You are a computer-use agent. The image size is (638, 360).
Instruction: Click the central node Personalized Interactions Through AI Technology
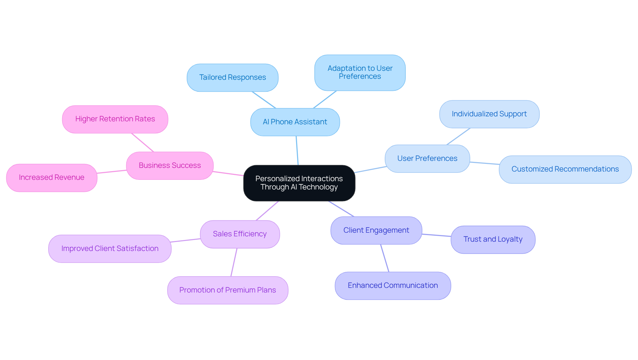click(299, 183)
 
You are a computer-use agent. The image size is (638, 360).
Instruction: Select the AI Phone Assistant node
click(295, 122)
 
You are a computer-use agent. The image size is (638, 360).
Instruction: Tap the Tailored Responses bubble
click(233, 77)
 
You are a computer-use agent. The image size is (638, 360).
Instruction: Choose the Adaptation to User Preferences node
click(360, 72)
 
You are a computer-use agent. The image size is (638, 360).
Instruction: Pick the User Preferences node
click(427, 159)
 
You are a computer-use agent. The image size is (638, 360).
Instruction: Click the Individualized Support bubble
click(489, 114)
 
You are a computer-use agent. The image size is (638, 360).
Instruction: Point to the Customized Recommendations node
click(565, 169)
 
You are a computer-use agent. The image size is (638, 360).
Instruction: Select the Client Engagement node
click(376, 230)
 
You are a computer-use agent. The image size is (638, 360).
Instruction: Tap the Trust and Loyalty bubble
click(493, 239)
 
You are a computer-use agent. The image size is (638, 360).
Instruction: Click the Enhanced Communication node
click(393, 286)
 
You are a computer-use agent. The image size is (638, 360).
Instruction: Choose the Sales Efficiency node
click(240, 234)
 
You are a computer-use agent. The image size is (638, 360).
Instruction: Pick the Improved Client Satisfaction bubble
click(110, 249)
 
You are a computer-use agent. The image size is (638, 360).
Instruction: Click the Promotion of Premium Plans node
click(228, 290)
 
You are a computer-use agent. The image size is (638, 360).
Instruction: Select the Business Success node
click(170, 166)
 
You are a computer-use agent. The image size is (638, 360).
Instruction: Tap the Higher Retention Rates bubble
click(115, 119)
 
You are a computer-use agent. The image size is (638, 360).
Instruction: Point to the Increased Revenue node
click(52, 178)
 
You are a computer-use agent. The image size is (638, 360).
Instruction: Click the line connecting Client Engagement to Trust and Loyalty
click(436, 235)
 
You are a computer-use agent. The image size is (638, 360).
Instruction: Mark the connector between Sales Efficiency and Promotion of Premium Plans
click(234, 262)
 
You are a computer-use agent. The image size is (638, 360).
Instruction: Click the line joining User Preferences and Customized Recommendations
click(484, 163)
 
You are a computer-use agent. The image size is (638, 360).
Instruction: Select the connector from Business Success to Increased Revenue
click(112, 172)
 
